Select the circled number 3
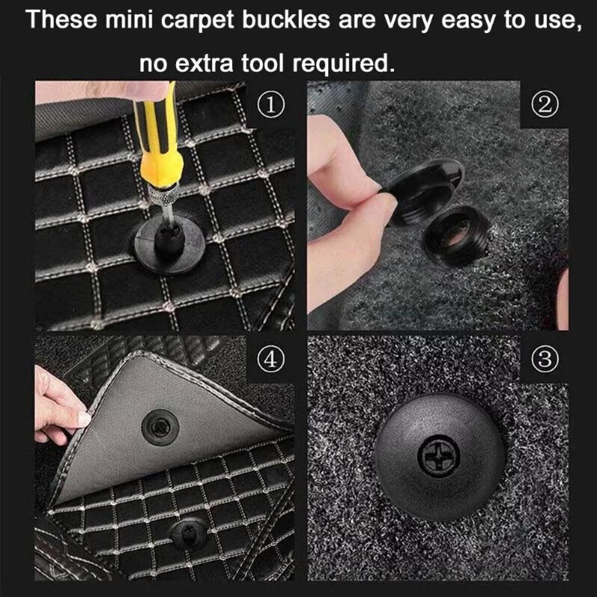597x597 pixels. click(x=546, y=359)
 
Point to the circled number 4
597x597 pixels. click(x=273, y=359)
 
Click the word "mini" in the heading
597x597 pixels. click(x=143, y=20)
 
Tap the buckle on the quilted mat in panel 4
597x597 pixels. click(x=186, y=534)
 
